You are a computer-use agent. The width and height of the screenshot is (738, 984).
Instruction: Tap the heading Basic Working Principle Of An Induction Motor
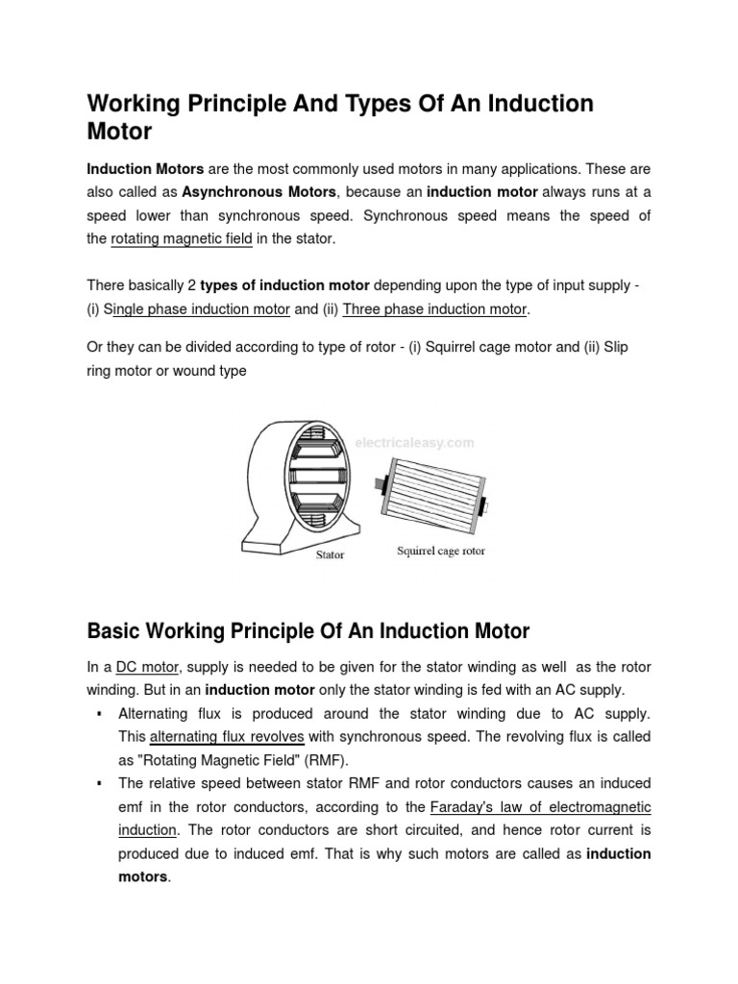point(307,631)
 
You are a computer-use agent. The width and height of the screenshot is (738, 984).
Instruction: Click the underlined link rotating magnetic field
point(182,238)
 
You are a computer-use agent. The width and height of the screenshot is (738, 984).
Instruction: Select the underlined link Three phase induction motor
point(434,309)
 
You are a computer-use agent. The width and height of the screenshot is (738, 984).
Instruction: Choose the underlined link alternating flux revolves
point(228,737)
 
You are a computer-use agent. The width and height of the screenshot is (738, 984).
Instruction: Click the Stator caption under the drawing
point(329,554)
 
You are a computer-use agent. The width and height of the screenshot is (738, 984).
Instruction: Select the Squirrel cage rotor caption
point(441,552)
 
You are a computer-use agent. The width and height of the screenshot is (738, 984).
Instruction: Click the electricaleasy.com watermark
point(415,443)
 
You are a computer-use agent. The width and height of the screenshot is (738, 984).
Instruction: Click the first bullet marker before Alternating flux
point(100,714)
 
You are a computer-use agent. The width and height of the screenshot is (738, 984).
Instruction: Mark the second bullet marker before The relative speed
point(100,783)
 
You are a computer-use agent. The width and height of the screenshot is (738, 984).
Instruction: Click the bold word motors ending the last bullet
point(142,876)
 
